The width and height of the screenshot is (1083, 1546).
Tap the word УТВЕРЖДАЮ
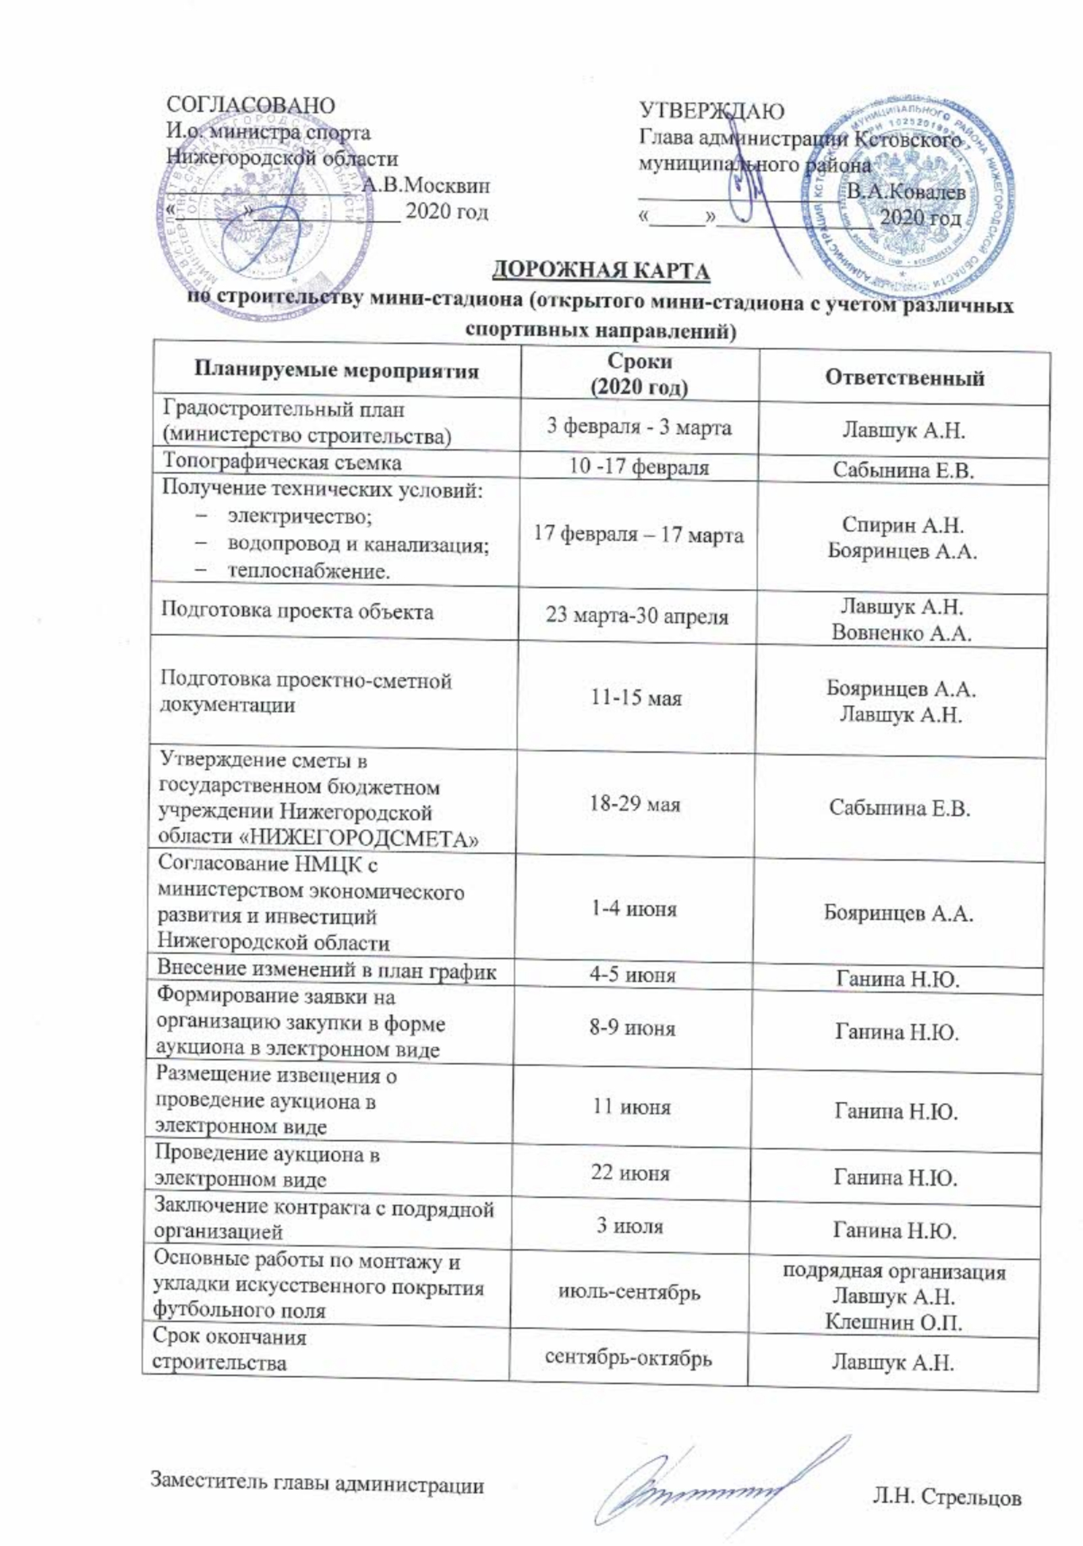coord(711,110)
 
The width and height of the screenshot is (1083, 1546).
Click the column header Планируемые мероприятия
coord(336,371)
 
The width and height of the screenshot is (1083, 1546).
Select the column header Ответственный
coord(904,377)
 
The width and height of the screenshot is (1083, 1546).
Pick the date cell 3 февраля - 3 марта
coord(638,427)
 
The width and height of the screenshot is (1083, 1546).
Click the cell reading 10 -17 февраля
coord(639,467)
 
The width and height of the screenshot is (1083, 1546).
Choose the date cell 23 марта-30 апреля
coord(637,616)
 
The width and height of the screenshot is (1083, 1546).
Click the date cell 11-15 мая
coord(636,697)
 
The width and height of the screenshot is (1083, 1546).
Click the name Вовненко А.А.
coord(901,633)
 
